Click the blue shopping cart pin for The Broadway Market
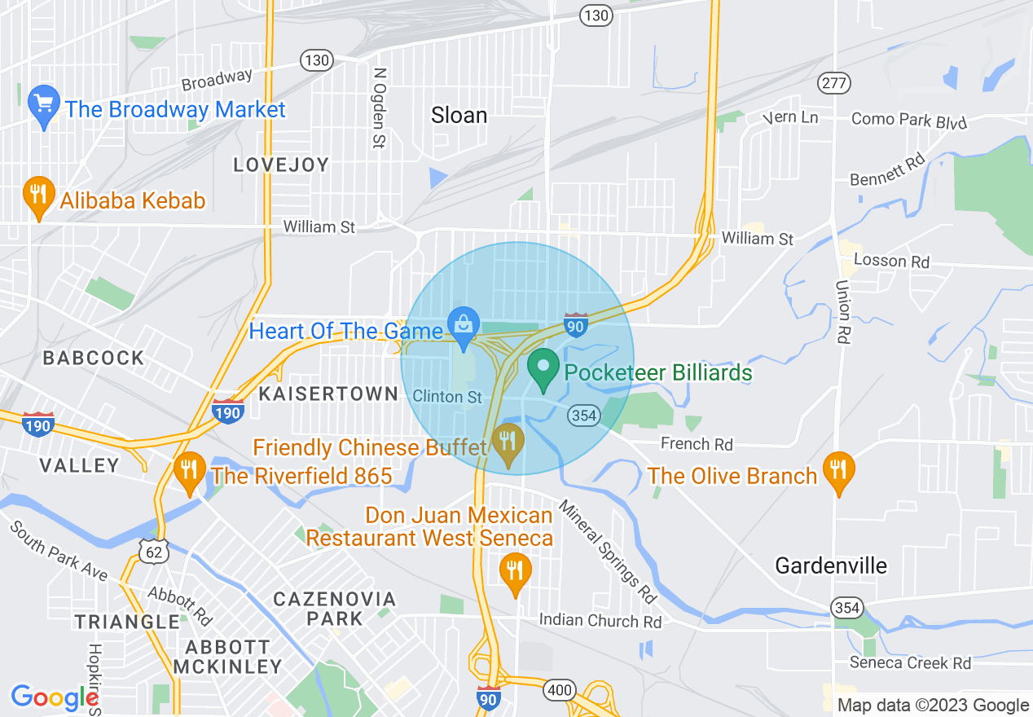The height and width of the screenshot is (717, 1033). (43, 105)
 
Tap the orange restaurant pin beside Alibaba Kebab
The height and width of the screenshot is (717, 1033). (37, 196)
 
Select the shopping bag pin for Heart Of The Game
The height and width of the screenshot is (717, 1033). (464, 327)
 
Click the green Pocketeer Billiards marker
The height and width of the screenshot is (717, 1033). (543, 367)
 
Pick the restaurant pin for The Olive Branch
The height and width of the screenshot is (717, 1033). (837, 471)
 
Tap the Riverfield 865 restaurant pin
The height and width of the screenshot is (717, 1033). (190, 471)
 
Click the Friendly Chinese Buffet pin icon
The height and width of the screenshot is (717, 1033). (509, 443)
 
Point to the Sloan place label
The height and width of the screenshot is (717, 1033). (459, 116)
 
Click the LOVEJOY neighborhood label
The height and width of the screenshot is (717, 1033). (281, 165)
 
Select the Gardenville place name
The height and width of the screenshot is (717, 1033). (831, 565)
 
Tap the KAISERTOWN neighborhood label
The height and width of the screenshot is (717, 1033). (328, 394)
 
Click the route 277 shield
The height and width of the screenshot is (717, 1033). (836, 83)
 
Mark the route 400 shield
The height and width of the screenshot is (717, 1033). (560, 691)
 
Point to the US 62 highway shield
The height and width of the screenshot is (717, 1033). (152, 552)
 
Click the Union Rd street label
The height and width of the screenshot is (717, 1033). (842, 313)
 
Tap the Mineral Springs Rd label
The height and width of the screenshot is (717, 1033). (608, 554)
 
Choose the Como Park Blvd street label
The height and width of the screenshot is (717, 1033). (909, 120)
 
